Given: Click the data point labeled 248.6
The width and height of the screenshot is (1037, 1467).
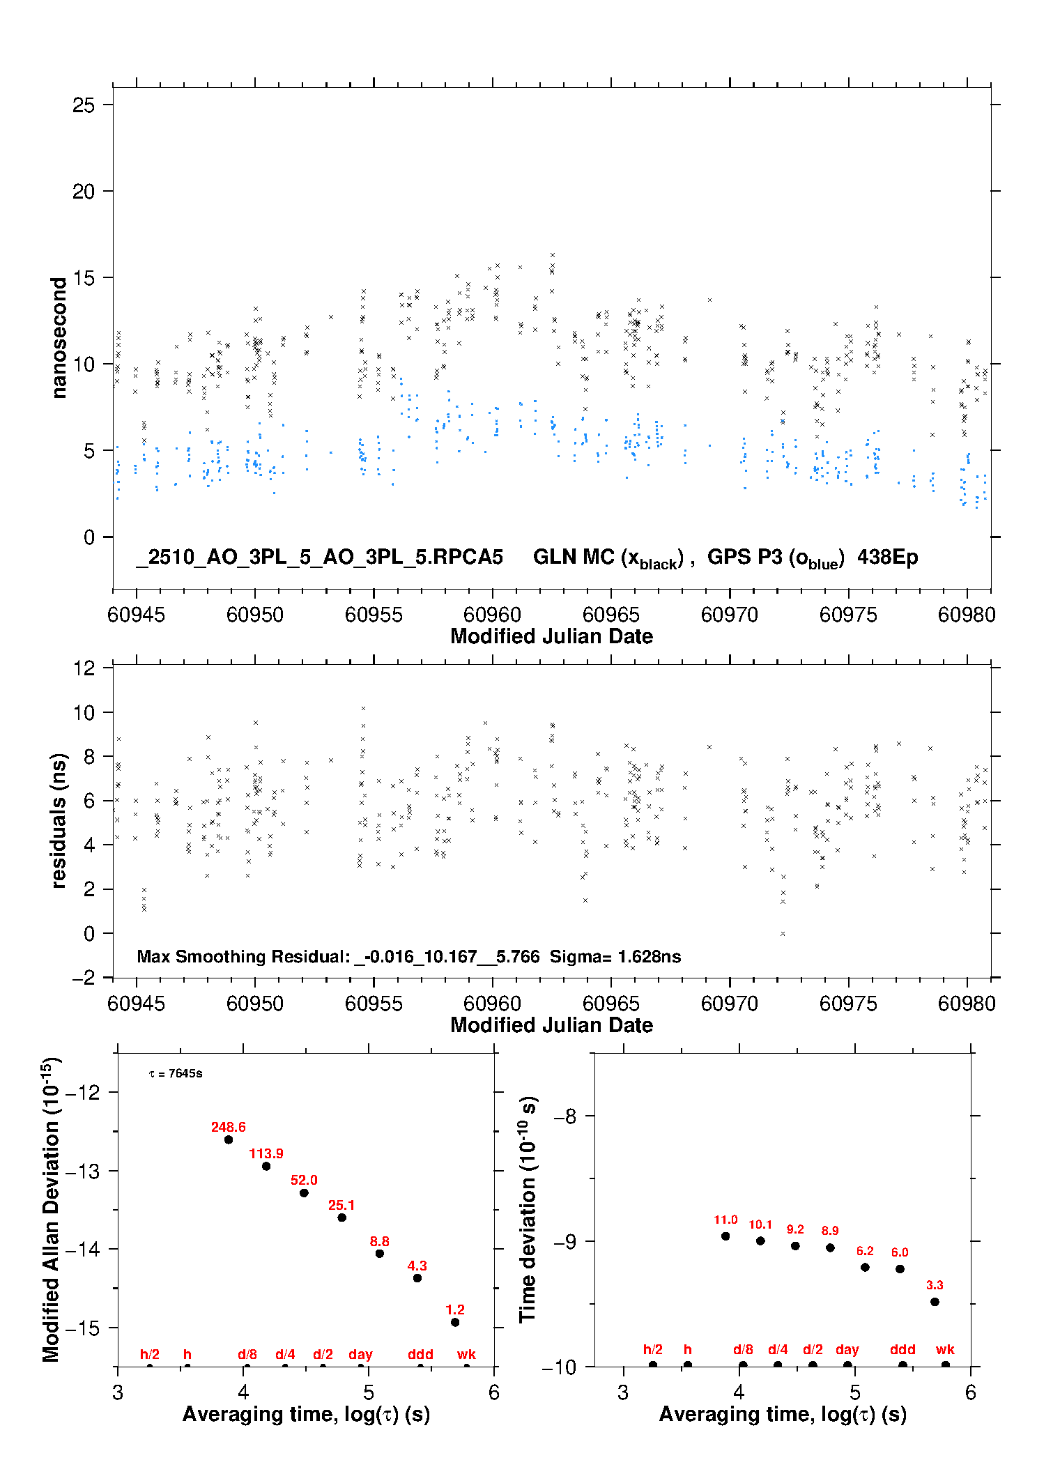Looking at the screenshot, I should (x=229, y=1139).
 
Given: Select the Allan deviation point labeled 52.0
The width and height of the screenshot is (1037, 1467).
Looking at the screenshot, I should (x=304, y=1192).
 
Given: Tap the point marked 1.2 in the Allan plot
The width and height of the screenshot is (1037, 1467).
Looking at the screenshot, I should (x=455, y=1322).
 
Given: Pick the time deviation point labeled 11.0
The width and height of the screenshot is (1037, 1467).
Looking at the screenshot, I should (x=725, y=1236).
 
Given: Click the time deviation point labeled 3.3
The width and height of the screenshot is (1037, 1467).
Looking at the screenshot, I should (x=935, y=1302).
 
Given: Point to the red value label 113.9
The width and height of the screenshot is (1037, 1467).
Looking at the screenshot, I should (x=266, y=1153).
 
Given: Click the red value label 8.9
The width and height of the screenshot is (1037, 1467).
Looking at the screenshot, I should (x=830, y=1231).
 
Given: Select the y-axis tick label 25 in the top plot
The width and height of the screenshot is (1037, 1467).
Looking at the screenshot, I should (x=84, y=105).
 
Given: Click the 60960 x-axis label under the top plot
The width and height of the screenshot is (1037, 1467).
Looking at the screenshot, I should (x=492, y=615).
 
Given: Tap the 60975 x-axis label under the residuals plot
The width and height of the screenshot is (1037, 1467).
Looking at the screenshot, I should (x=848, y=1004).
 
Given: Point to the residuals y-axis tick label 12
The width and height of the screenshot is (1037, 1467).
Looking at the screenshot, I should (x=84, y=668).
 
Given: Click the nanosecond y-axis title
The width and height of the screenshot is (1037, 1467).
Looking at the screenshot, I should (x=59, y=337).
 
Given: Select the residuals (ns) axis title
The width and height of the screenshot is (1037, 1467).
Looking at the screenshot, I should (x=59, y=820).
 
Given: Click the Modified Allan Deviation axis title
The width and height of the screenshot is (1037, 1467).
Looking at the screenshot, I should (x=51, y=1209).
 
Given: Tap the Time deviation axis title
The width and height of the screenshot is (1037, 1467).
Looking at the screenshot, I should (x=528, y=1208).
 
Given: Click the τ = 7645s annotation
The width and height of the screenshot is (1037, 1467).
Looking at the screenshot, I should (x=176, y=1074).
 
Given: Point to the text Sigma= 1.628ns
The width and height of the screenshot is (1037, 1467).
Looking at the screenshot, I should (x=615, y=957).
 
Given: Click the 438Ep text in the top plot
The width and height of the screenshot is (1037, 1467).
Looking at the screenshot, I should (x=887, y=558).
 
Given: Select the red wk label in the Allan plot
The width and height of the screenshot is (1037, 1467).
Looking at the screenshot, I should (x=466, y=1354).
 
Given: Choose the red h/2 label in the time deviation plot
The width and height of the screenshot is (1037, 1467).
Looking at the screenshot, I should (x=652, y=1349).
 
